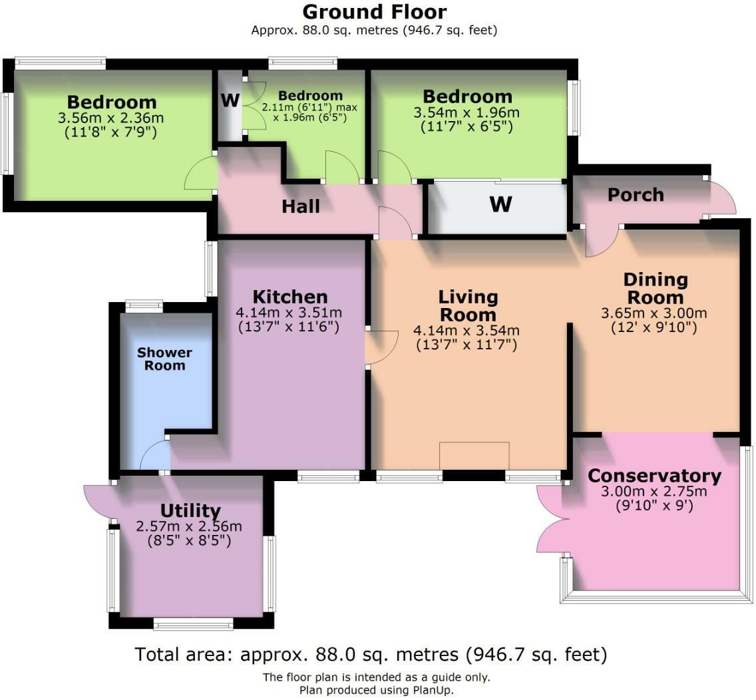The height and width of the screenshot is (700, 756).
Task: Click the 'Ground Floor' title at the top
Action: pyautogui.click(x=374, y=12)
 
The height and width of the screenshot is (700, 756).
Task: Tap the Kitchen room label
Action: pyautogui.click(x=289, y=297)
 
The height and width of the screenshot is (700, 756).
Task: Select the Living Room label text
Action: pyautogui.click(x=468, y=305)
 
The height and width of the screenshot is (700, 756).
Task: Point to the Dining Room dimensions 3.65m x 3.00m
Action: pyautogui.click(x=654, y=313)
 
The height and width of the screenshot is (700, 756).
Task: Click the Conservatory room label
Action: pyautogui.click(x=654, y=476)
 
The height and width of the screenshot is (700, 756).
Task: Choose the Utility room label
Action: pyautogui.click(x=190, y=510)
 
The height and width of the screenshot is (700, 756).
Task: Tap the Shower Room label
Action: pyautogui.click(x=164, y=359)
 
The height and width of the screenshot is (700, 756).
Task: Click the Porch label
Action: pyautogui.click(x=636, y=195)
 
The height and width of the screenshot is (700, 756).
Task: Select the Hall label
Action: pyautogui.click(x=300, y=206)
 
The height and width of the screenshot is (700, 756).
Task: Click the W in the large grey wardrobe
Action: pyautogui.click(x=500, y=204)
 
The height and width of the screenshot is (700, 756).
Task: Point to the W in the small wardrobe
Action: pyautogui.click(x=230, y=100)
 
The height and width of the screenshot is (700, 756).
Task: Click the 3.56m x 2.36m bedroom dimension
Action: pyautogui.click(x=111, y=118)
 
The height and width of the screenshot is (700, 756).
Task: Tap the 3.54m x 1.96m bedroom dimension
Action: pyautogui.click(x=467, y=113)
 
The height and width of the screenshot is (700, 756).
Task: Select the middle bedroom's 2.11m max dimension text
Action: pyautogui.click(x=309, y=107)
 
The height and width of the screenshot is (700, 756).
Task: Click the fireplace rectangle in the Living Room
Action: pyautogui.click(x=474, y=456)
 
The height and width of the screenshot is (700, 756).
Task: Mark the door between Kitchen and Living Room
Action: pyautogui.click(x=381, y=348)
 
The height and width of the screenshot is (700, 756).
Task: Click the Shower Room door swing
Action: pyautogui.click(x=154, y=456)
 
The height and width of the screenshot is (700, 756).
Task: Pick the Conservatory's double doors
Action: pyautogui.click(x=550, y=519)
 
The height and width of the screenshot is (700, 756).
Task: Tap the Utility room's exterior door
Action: pyautogui.click(x=98, y=501)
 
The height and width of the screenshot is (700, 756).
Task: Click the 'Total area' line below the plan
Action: pyautogui.click(x=370, y=655)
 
